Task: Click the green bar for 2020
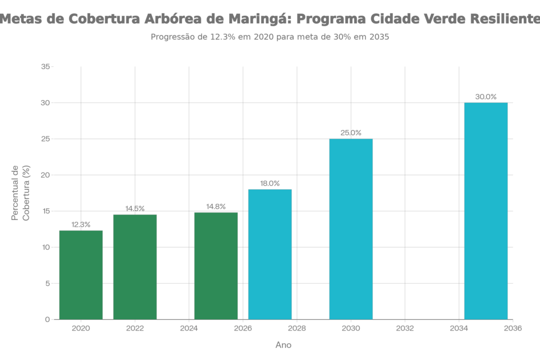click(x=81, y=275)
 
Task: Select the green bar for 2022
click(x=135, y=267)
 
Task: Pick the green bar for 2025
click(x=216, y=266)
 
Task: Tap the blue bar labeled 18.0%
click(x=270, y=254)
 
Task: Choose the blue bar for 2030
click(x=351, y=229)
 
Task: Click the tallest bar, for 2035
click(x=486, y=211)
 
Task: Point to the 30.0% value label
click(x=486, y=97)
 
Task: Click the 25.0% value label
click(x=351, y=133)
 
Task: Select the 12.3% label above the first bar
click(x=81, y=225)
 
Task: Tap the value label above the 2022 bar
click(x=135, y=209)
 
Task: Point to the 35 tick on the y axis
click(x=46, y=67)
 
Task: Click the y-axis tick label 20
click(x=46, y=175)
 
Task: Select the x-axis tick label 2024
click(x=189, y=328)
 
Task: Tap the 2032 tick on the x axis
click(x=404, y=328)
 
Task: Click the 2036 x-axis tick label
click(x=513, y=328)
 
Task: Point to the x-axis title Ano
click(x=283, y=345)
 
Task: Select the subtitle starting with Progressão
click(x=269, y=37)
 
